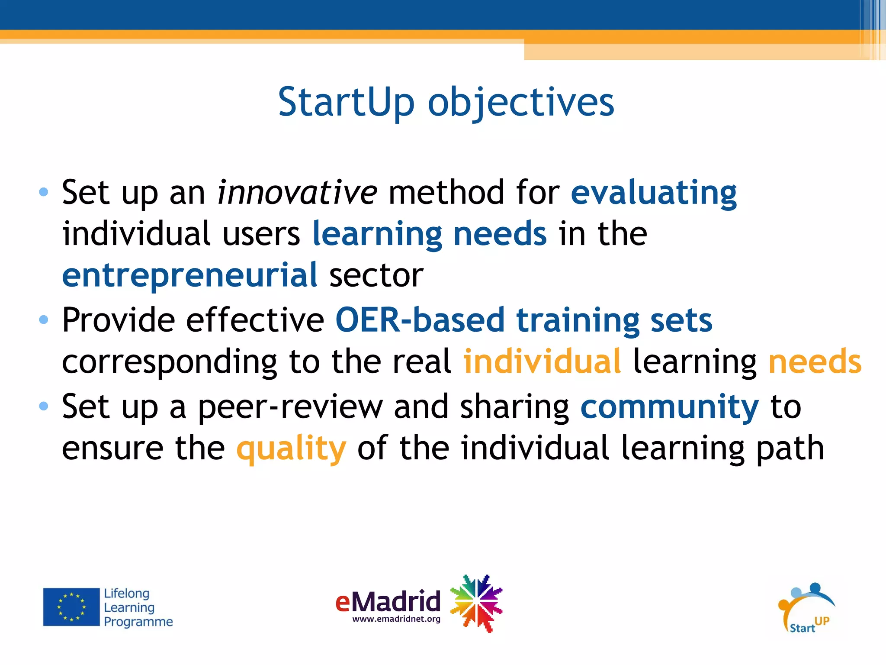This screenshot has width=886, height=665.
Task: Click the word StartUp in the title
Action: pyautogui.click(x=346, y=102)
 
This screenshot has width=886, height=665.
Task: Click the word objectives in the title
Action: pyautogui.click(x=521, y=103)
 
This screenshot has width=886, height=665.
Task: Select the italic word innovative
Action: pyautogui.click(x=297, y=192)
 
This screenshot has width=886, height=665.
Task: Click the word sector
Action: pyautogui.click(x=376, y=275)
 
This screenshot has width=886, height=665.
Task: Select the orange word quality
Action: pyautogui.click(x=291, y=449)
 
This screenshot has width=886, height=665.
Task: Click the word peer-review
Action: pyautogui.click(x=290, y=407)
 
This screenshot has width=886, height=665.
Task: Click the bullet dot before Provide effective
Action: pyautogui.click(x=43, y=320)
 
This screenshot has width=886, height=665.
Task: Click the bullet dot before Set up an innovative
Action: pyautogui.click(x=43, y=192)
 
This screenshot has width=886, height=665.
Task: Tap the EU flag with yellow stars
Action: pyautogui.click(x=71, y=607)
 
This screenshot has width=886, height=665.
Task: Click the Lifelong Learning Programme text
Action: pyautogui.click(x=138, y=607)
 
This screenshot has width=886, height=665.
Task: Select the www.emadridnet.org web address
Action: pyautogui.click(x=396, y=619)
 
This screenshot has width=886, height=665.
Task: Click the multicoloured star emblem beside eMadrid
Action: pyautogui.click(x=476, y=603)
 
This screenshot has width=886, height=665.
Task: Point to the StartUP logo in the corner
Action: pyautogui.click(x=807, y=608)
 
